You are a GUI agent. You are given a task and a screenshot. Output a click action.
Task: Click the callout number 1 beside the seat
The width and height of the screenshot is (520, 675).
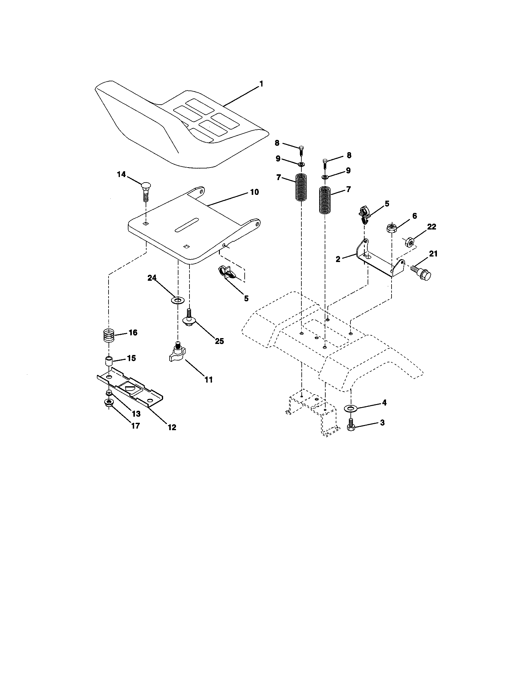tap(261, 84)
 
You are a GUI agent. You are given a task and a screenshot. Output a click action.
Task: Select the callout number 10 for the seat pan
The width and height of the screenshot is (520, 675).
tap(254, 192)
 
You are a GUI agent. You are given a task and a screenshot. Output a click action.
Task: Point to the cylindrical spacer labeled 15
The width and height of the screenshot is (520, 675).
tap(109, 361)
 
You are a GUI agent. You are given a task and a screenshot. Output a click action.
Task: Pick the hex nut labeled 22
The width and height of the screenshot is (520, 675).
tap(409, 241)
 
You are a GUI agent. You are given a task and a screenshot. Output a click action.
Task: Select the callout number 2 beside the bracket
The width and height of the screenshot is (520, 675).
tap(338, 259)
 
